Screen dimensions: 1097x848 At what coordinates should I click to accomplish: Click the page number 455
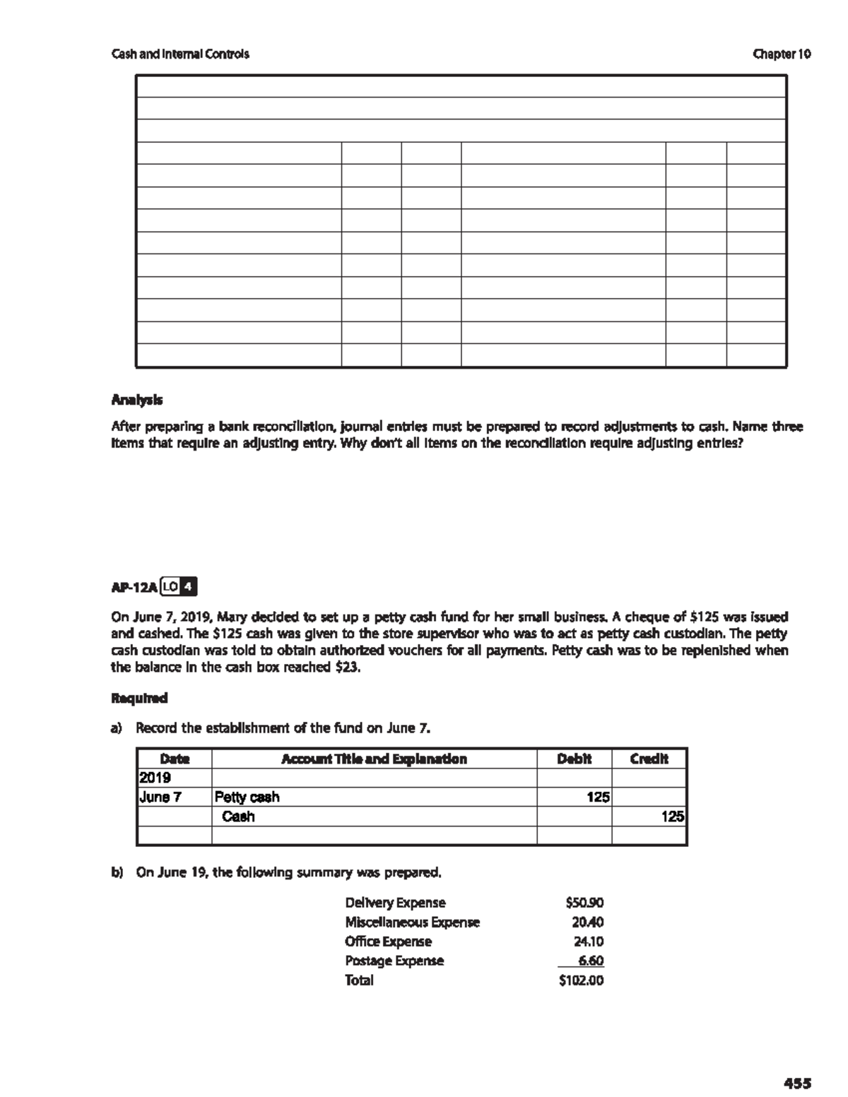point(796,1082)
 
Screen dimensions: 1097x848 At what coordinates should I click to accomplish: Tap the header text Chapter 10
point(782,54)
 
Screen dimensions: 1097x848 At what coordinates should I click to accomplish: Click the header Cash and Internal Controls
point(180,54)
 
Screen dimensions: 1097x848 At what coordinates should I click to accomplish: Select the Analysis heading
point(137,400)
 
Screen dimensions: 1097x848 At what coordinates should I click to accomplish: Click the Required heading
point(140,698)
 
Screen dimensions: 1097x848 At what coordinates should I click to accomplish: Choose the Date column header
point(175,759)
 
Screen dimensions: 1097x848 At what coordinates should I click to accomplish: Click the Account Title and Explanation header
point(374,759)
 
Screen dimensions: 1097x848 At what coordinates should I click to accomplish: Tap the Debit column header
point(574,759)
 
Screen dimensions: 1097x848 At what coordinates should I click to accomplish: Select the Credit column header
point(649,759)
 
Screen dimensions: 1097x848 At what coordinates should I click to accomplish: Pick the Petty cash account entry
point(247,797)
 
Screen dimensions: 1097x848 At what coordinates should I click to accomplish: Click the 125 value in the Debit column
point(598,797)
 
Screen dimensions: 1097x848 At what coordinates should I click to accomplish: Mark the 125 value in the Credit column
point(673,817)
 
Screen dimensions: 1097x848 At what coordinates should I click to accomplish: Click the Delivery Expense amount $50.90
point(584,902)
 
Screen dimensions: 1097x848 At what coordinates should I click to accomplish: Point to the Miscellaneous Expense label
point(412,922)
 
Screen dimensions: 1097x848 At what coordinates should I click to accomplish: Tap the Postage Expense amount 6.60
point(590,961)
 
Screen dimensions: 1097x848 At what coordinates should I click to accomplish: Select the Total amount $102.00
point(581,980)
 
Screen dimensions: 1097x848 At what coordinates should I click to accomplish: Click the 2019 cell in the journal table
point(155,778)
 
